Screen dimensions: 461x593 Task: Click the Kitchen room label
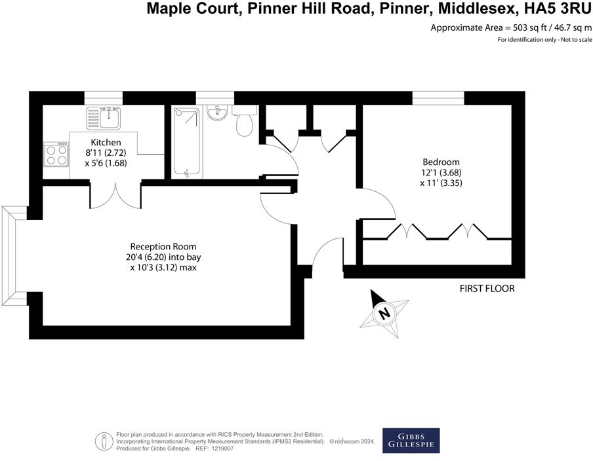pos(106,142)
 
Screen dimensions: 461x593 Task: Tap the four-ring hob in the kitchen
pos(56,155)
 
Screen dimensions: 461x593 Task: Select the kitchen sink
pos(103,119)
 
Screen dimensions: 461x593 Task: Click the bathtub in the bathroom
pos(187,142)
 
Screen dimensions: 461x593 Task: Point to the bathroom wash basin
pos(216,113)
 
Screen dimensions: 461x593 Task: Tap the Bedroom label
pos(441,162)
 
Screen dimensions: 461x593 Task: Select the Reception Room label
pos(163,246)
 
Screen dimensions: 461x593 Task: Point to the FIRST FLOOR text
pos(487,288)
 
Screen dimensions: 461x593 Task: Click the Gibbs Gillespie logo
pos(411,441)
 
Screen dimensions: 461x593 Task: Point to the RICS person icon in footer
pos(102,441)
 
